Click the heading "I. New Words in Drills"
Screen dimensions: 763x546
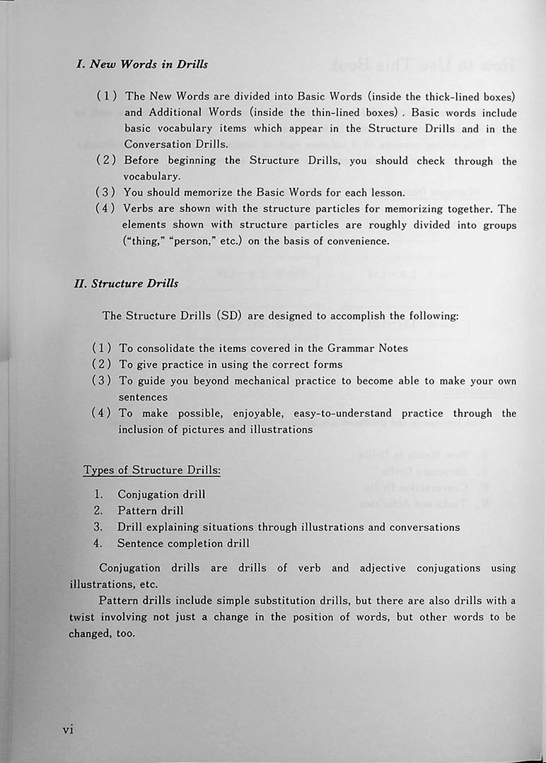pyautogui.click(x=141, y=64)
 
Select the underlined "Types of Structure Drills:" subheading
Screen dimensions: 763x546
pyautogui.click(x=151, y=471)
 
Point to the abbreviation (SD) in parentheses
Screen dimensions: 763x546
pyautogui.click(x=228, y=316)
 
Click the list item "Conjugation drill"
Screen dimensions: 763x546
pyautogui.click(x=161, y=495)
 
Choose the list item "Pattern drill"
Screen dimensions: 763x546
pyautogui.click(x=150, y=511)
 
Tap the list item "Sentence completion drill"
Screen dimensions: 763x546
pyautogui.click(x=183, y=543)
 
